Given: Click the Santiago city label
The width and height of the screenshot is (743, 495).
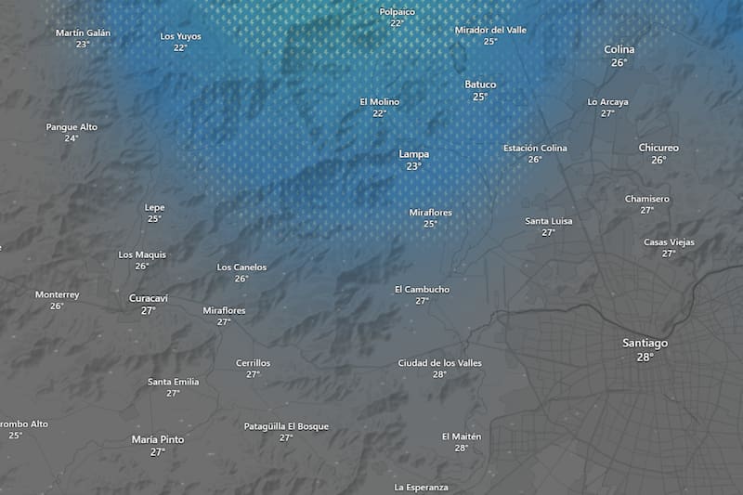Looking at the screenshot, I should pos(645,343).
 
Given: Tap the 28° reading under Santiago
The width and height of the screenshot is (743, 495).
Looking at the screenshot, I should pos(645,357).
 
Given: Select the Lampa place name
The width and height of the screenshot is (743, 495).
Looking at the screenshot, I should pos(413,154).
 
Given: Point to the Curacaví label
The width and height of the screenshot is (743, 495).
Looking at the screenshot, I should pos(148,298).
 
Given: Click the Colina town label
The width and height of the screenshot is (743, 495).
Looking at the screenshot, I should pos(619,49).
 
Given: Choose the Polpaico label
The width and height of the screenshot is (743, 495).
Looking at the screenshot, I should pos(397,11).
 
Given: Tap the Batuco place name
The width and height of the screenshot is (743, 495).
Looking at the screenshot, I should pos(480,85).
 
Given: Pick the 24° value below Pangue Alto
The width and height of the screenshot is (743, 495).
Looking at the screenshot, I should pos(72,138).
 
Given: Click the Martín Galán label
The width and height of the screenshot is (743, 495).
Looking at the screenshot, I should pos(83,33).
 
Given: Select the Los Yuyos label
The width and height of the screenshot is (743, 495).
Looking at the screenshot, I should pos(180,36).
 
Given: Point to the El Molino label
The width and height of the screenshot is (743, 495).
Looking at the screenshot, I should pos(378,101).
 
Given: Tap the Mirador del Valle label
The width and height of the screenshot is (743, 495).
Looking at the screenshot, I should pos(490,30).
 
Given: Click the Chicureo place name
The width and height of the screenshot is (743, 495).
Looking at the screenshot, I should pos(658,148).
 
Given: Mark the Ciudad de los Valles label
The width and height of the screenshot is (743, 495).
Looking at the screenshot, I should pos(439,362).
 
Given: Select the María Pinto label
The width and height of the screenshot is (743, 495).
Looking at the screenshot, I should pos(157,439).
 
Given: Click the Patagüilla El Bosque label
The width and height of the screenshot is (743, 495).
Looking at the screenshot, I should pos(286,426).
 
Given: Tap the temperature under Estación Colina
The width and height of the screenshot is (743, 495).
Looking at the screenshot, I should pos(535,160).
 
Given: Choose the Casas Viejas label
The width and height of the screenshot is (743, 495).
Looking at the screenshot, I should pos(669,241).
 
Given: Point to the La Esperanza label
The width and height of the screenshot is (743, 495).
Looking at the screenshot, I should pos(421,487).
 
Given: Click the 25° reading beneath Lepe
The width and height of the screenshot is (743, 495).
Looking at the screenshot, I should pos(154,219).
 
